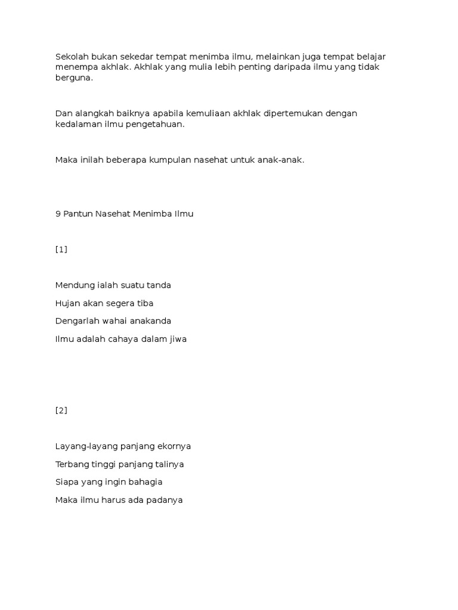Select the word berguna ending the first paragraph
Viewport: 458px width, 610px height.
point(74,78)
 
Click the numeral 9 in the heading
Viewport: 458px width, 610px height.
point(58,214)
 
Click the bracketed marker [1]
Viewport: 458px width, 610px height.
point(61,250)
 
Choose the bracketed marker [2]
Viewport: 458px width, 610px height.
point(61,410)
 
